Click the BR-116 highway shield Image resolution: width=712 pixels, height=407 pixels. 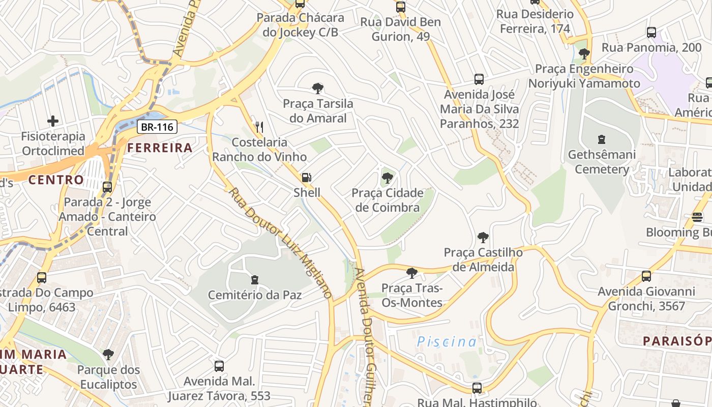(x=157, y=127)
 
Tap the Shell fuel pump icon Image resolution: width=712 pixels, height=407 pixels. (x=306, y=178)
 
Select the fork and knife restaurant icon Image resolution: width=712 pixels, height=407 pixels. (x=259, y=127)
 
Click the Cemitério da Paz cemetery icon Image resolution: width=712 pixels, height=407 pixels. (x=255, y=280)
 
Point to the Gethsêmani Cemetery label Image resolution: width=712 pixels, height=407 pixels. (x=602, y=162)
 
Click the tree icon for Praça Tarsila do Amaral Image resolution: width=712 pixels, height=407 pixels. (x=318, y=89)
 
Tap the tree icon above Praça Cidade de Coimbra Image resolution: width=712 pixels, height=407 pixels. (x=387, y=178)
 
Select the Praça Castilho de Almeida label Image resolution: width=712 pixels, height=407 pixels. (x=483, y=259)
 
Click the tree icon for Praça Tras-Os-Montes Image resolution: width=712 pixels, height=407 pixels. (x=412, y=273)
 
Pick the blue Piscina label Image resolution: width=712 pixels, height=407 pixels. (x=447, y=342)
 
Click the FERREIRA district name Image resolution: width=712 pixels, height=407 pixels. (x=160, y=148)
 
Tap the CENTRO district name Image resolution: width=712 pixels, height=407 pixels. (x=56, y=180)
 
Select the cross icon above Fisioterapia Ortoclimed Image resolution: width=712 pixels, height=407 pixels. (x=53, y=121)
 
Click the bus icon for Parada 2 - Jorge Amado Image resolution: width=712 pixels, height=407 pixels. (x=107, y=187)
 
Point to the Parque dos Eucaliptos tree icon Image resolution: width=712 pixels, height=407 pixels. (x=108, y=354)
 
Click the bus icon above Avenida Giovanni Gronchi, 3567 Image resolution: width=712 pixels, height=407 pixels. (x=646, y=276)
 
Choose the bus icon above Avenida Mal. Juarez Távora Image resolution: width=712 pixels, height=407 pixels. (x=219, y=366)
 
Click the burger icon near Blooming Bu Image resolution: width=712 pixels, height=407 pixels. (x=697, y=217)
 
